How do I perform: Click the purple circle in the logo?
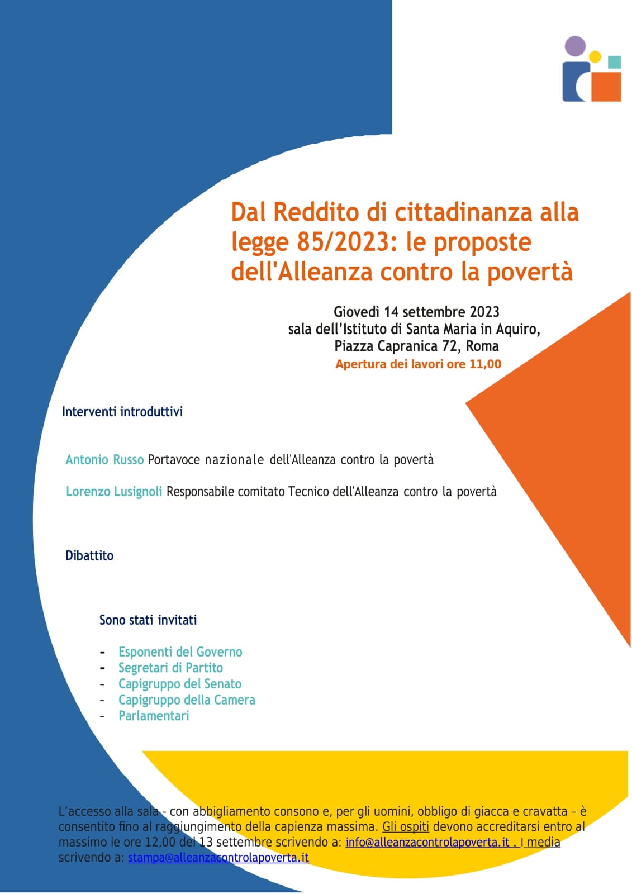(575, 46)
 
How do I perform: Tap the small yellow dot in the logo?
(595, 56)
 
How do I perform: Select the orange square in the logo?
(605, 87)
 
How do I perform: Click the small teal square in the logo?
(614, 62)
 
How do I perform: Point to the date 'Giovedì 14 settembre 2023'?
(416, 312)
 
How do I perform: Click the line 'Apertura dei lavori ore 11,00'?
(418, 364)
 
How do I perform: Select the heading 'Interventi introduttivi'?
(122, 412)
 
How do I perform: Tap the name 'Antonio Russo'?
(104, 460)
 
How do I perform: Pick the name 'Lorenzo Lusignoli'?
(114, 492)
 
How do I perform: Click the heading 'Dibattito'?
(89, 556)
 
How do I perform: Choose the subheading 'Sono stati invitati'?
(148, 620)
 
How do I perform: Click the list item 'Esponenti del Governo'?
(180, 652)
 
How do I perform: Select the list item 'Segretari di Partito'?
(170, 668)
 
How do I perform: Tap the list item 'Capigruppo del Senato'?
(180, 684)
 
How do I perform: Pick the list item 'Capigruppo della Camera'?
(187, 700)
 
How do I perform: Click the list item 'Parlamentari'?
(154, 716)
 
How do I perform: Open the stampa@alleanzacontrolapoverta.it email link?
(218, 858)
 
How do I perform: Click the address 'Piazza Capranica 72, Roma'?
(416, 346)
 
